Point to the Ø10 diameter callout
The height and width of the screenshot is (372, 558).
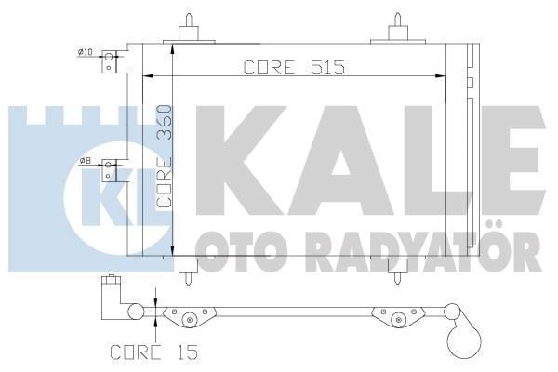[x=85, y=51]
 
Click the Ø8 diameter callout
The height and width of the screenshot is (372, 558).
[x=85, y=161]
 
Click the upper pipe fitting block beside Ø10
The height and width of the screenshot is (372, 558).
[x=113, y=61]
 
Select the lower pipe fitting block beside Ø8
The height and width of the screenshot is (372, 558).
[x=112, y=171]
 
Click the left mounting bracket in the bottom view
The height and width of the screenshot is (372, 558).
[x=189, y=317]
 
